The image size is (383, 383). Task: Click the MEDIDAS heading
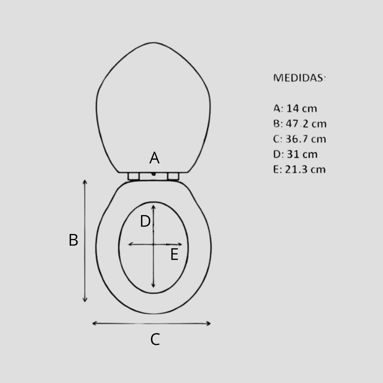[300, 78]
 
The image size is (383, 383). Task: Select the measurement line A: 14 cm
[295, 108]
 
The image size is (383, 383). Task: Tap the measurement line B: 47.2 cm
[300, 124]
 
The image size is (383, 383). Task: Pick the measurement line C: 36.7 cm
[300, 139]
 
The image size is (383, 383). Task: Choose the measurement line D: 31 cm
[295, 154]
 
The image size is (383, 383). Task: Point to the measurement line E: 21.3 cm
[299, 170]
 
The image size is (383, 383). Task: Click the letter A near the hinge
[154, 158]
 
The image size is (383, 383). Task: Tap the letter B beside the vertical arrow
[73, 240]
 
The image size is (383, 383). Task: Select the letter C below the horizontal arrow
[155, 340]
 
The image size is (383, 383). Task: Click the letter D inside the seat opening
[145, 221]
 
